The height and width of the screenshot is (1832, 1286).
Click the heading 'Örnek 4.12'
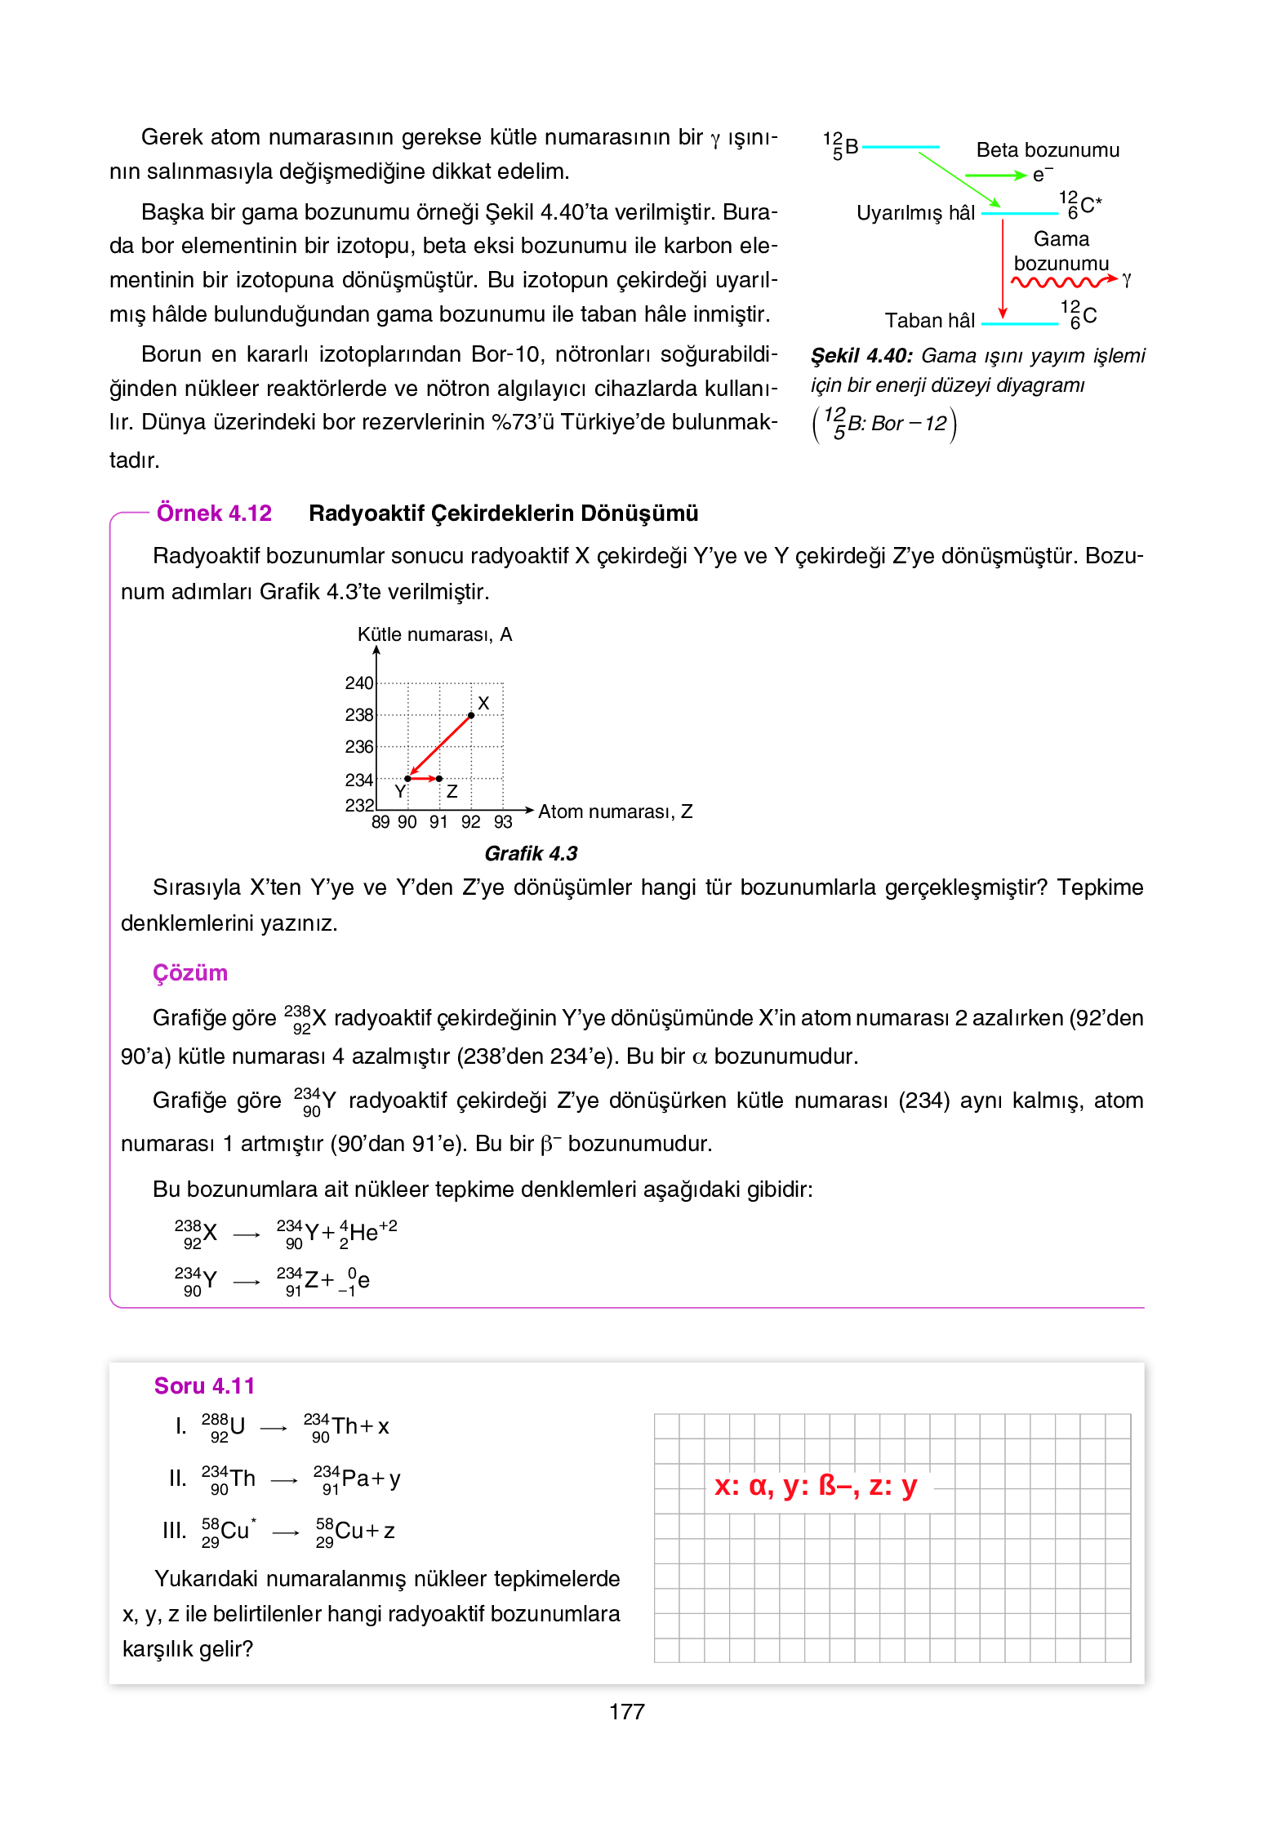click(214, 514)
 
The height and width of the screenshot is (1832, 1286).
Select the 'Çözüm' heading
click(190, 973)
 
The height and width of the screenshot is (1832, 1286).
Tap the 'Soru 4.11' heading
click(204, 1386)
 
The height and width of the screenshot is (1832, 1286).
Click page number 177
click(626, 1712)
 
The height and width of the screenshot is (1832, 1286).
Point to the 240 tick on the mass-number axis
click(358, 683)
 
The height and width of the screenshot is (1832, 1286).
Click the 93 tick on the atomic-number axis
click(503, 822)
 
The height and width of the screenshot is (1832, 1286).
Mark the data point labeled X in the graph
click(471, 715)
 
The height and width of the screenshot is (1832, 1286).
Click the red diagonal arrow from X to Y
click(440, 746)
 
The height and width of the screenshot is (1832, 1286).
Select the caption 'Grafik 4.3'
click(531, 854)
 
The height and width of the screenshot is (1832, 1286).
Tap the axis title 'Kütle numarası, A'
click(434, 635)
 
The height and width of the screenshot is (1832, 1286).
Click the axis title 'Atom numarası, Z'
click(615, 812)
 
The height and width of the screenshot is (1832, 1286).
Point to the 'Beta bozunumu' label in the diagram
click(1048, 150)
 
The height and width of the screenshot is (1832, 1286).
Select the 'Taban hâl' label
click(930, 321)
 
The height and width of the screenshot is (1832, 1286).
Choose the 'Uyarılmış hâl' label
click(915, 213)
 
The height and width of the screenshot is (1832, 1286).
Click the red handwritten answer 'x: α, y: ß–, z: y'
click(816, 1486)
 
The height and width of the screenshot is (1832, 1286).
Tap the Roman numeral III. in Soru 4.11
click(174, 1531)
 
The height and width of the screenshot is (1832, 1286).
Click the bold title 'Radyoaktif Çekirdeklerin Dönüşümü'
click(503, 514)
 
